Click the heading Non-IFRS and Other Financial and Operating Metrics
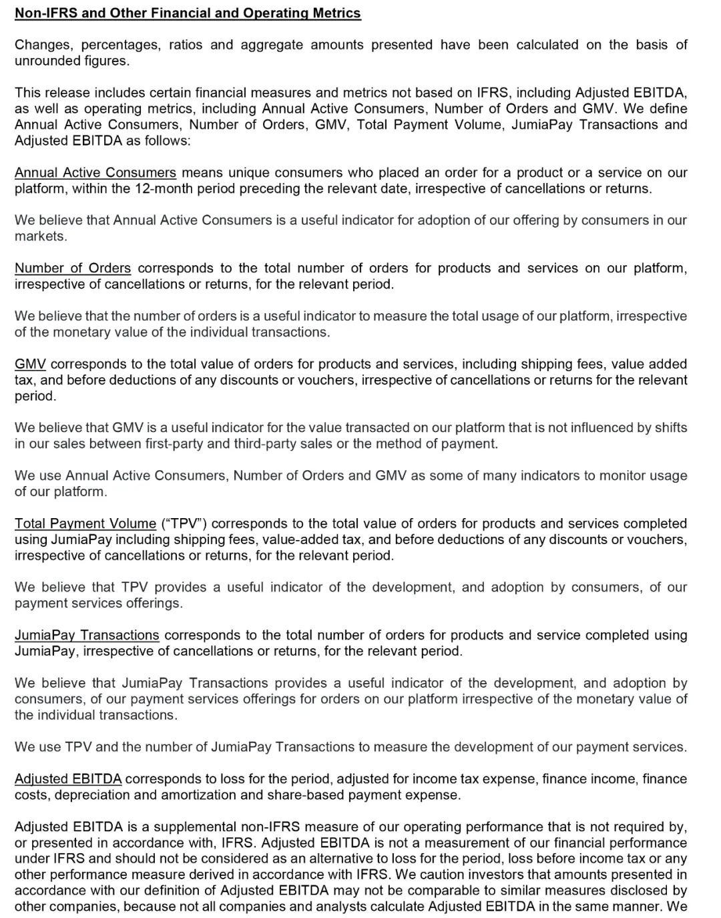tap(188, 13)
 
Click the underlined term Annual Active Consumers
tap(95, 173)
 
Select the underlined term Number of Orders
tap(73, 268)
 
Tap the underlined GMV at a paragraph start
tap(30, 365)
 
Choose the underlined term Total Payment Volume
tap(85, 524)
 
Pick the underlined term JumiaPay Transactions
tap(87, 636)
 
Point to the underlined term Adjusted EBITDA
tap(68, 779)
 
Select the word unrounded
tap(47, 61)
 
